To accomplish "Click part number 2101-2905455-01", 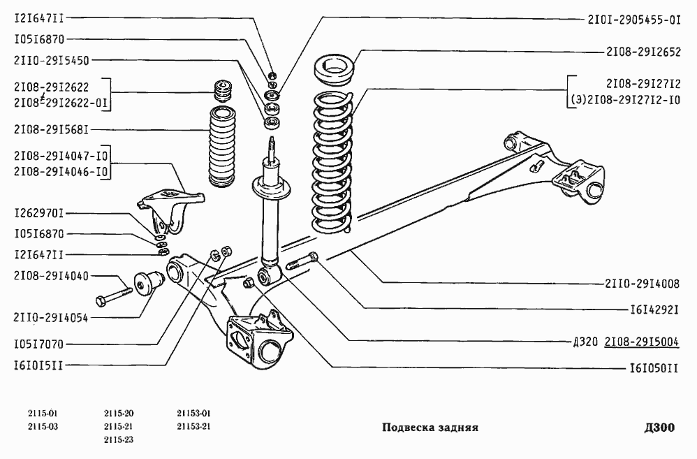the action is click(x=634, y=20).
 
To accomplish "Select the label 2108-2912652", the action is click(x=643, y=52).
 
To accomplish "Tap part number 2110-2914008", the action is click(x=642, y=284).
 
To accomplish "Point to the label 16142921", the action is click(x=654, y=309).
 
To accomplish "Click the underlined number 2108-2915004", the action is click(x=641, y=342).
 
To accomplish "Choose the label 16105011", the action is click(x=654, y=368).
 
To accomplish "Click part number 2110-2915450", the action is click(x=52, y=61).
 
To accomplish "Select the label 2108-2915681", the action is click(x=52, y=130).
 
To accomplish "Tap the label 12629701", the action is click(x=39, y=214).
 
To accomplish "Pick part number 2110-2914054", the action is click(x=51, y=318).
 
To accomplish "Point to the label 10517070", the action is click(x=39, y=344).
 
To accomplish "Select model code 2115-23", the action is click(x=119, y=440).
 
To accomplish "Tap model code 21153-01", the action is click(x=193, y=414).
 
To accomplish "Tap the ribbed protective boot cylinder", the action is click(x=222, y=147).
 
